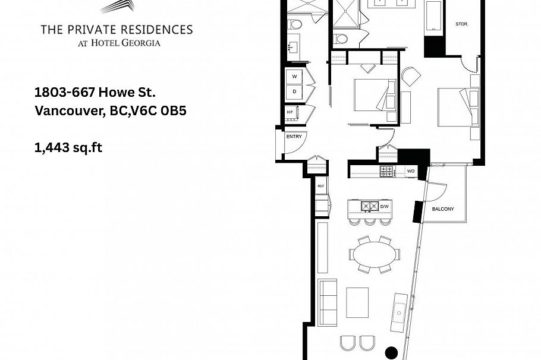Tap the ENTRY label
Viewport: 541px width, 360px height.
[294, 137]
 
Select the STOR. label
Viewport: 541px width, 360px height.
[462, 24]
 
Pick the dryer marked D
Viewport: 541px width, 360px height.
[294, 92]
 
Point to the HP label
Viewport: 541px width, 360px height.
[290, 112]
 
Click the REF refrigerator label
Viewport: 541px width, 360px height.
[321, 186]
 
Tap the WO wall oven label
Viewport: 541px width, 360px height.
[411, 171]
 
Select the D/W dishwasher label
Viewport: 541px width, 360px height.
[385, 206]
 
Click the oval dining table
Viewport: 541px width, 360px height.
[374, 254]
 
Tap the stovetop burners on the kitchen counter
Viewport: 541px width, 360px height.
[386, 171]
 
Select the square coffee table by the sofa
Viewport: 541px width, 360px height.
[357, 303]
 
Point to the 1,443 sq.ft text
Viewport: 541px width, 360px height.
[68, 147]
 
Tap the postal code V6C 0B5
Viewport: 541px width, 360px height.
[162, 110]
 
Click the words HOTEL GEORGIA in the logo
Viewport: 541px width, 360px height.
[130, 42]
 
